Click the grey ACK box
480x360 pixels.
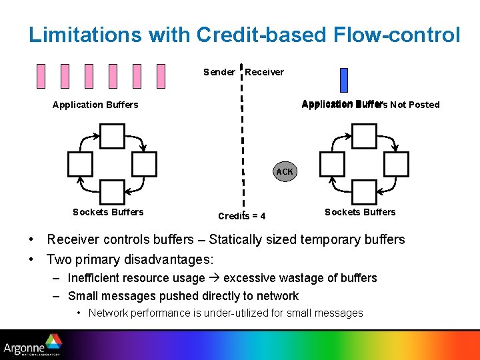285,172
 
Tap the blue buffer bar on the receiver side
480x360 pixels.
344,80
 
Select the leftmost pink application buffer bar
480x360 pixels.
41,76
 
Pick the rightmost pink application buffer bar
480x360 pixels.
161,76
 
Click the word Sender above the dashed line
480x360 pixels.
219,72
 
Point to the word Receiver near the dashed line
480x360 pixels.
264,72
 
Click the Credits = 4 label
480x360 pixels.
241,216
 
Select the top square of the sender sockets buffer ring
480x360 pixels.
112,136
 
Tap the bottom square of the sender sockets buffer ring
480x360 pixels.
112,192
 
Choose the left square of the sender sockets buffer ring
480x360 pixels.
80,164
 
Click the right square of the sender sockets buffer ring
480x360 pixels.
145,164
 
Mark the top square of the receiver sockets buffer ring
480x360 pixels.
364,136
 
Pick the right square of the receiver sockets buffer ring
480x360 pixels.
397,164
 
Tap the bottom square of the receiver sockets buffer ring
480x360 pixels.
364,192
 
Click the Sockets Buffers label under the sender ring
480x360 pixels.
108,212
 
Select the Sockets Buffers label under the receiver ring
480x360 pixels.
360,212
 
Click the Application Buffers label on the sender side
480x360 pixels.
95,105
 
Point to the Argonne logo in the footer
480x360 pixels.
32,347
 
